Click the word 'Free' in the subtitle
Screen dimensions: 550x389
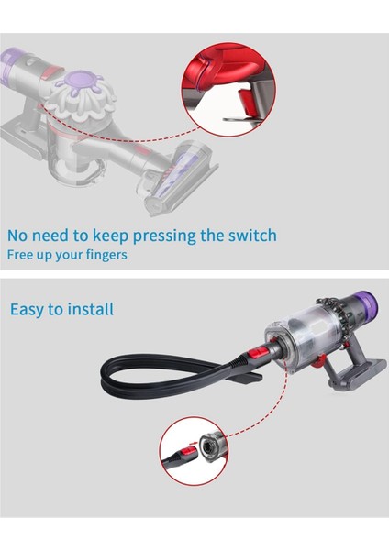point(22,254)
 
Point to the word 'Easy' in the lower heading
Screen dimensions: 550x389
point(29,309)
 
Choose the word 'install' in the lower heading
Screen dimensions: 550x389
point(90,309)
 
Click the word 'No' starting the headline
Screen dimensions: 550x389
point(19,236)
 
